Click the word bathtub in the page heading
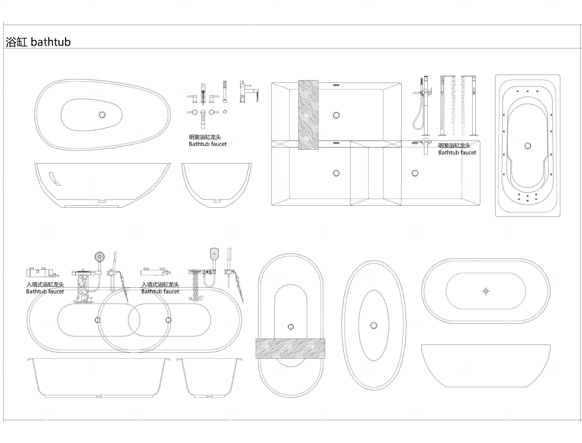point(51,42)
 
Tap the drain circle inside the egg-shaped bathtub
point(102,115)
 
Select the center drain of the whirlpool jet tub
point(528,146)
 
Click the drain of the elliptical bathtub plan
point(373,325)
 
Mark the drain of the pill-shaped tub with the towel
point(291,327)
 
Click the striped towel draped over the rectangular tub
point(308,115)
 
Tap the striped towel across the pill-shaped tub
point(290,349)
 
